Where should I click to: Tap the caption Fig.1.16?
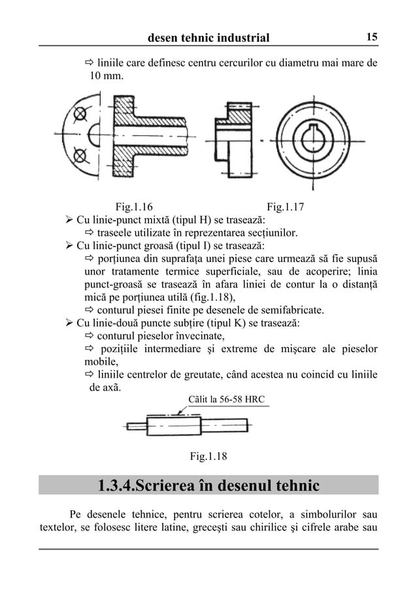coord(134,208)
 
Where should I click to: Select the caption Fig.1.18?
coord(208,456)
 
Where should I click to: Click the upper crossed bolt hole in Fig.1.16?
coord(80,114)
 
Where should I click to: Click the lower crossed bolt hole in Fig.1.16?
coord(80,155)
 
